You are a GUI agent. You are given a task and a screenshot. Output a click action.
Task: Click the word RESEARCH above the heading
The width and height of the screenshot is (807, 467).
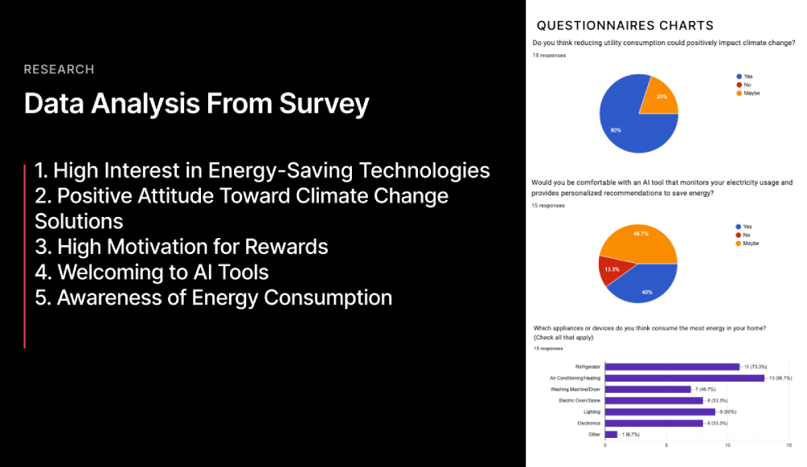[59, 69]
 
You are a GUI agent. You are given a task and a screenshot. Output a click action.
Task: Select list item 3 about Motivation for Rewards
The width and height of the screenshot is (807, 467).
[182, 246]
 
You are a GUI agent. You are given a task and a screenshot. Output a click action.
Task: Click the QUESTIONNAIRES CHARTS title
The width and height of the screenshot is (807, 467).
[625, 26]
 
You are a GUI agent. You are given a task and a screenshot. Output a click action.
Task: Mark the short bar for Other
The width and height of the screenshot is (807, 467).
[610, 434]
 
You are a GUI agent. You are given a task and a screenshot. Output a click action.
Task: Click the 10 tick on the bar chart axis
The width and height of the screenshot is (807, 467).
[728, 444]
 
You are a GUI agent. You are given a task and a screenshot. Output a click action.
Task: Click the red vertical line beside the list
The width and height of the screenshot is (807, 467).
[25, 254]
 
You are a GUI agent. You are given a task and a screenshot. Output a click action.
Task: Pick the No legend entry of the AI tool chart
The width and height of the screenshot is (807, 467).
[744, 235]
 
